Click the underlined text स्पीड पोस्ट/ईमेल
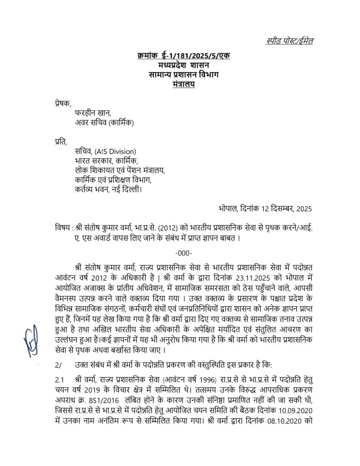pyautogui.click(x=289, y=41)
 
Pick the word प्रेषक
pyautogui.click(x=59, y=104)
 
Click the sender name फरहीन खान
pyautogui.click(x=93, y=113)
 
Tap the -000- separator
pyautogui.click(x=183, y=253)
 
